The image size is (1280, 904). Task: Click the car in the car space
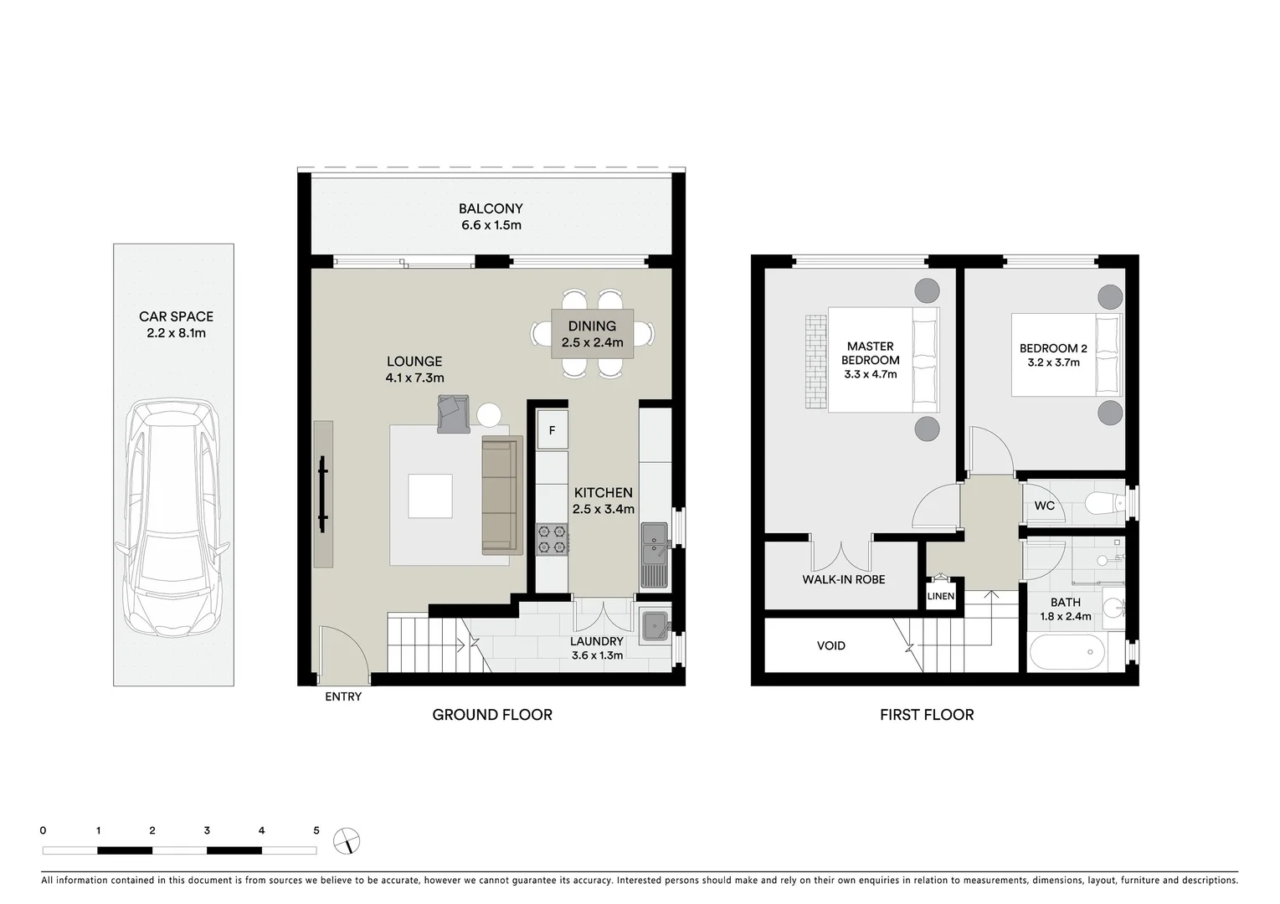click(172, 519)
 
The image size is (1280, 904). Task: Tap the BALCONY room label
click(491, 209)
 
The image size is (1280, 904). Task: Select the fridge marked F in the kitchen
click(552, 431)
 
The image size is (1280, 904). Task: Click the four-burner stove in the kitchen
click(552, 538)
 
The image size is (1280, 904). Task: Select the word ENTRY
click(343, 696)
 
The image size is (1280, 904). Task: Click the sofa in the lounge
click(501, 495)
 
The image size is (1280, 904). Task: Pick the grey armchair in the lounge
click(453, 414)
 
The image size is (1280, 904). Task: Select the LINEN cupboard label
click(941, 596)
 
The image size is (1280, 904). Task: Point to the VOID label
click(830, 645)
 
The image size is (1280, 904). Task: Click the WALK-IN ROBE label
click(843, 579)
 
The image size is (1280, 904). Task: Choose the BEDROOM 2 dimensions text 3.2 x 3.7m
click(1053, 362)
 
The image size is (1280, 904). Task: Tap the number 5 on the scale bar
click(316, 830)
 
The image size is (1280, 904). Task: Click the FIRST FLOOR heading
click(926, 715)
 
